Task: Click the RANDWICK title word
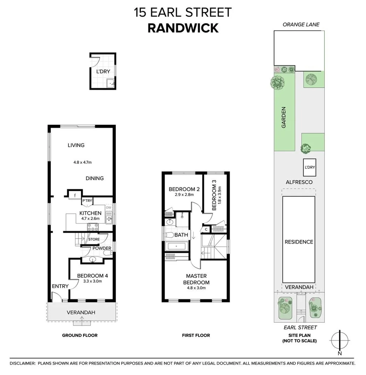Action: [x=183, y=28]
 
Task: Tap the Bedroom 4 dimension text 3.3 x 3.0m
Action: [x=90, y=281]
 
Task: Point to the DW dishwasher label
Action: [x=109, y=207]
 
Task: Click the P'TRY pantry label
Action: [x=87, y=201]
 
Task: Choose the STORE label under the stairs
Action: [x=94, y=239]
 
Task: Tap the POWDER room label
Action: [x=102, y=248]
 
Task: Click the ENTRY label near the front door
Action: [x=60, y=286]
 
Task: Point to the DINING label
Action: [x=94, y=178]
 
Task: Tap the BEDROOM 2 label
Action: [x=182, y=189]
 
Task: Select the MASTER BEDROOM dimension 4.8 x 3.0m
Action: [x=196, y=288]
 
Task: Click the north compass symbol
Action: [x=340, y=340]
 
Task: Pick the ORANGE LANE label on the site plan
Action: [x=301, y=25]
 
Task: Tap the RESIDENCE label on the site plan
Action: [x=299, y=242]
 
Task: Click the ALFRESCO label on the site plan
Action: [x=299, y=182]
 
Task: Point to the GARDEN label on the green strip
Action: [x=284, y=118]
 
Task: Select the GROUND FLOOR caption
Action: [x=80, y=335]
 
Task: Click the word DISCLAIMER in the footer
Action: [x=22, y=364]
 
